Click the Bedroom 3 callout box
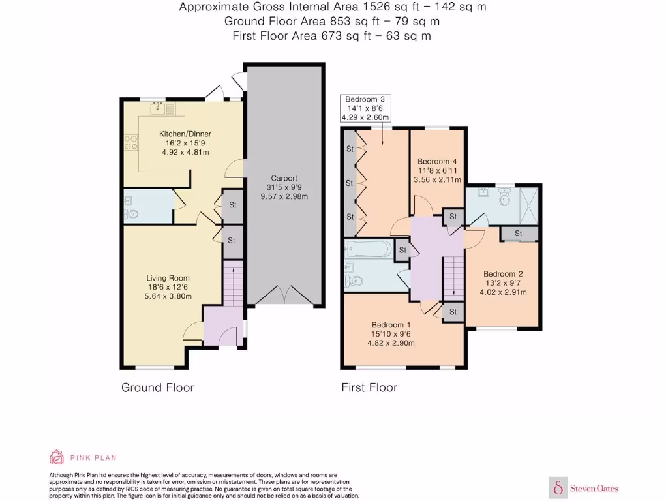tap(365, 108)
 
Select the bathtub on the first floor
tap(369, 249)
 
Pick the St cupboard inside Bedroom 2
tap(519, 234)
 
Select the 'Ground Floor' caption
tap(157, 387)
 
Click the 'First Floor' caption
tap(369, 387)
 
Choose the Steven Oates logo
tap(585, 487)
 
